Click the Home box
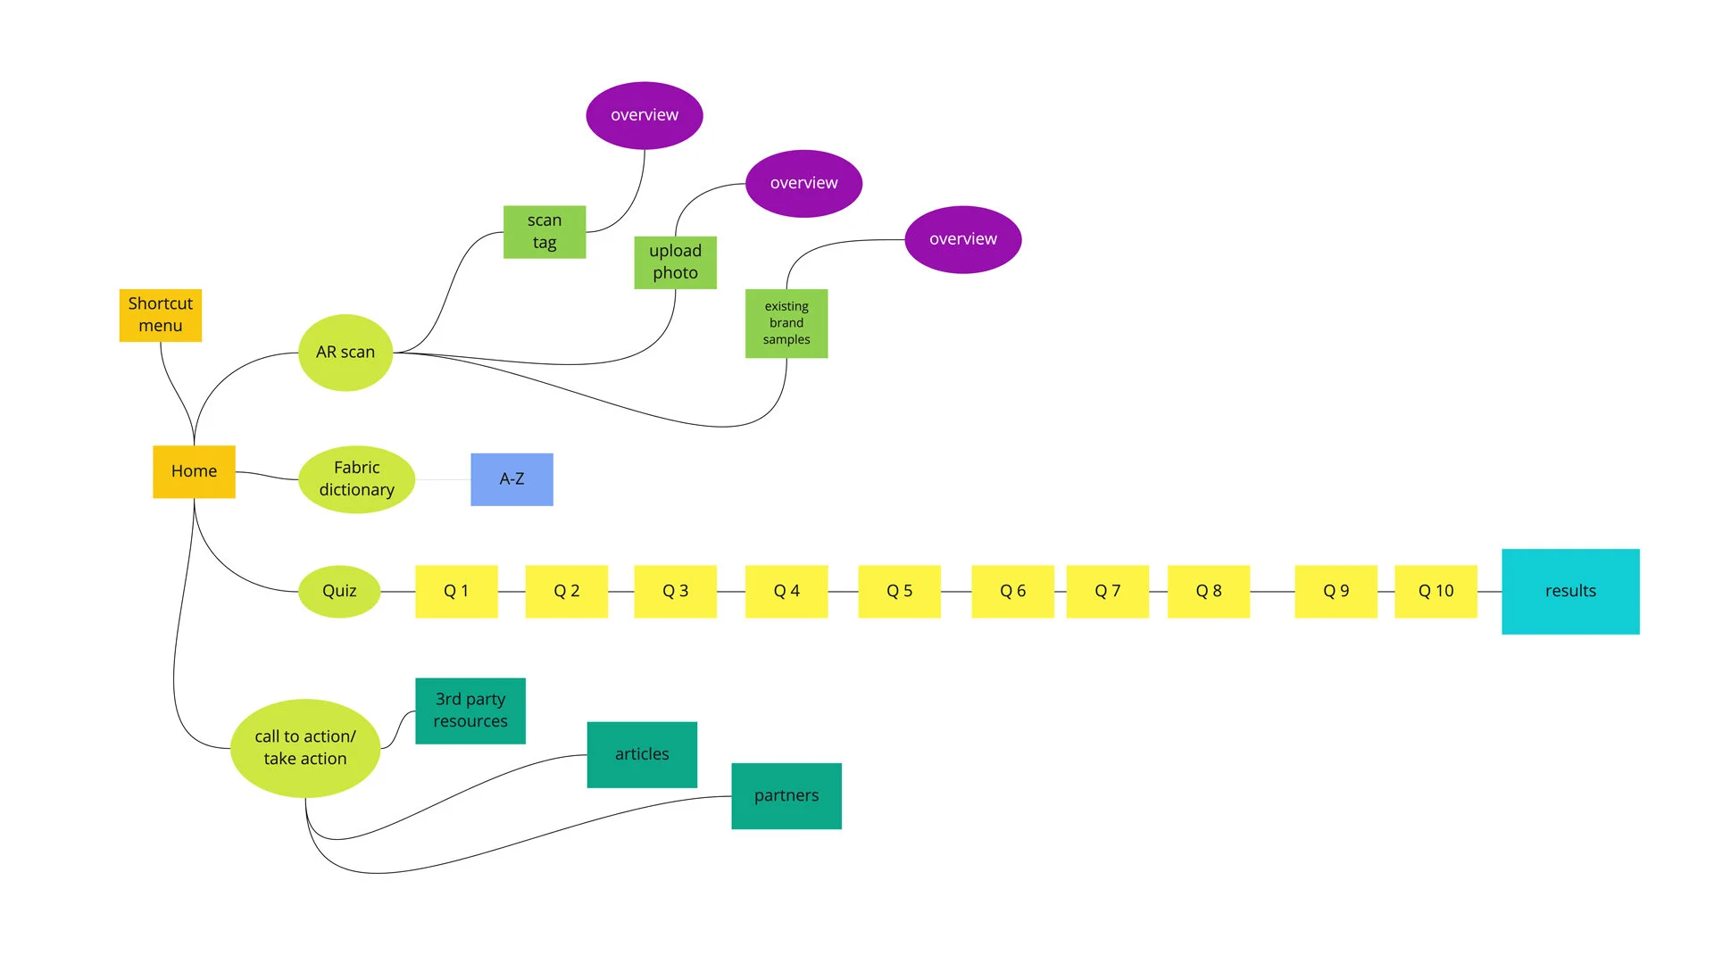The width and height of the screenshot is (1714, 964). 194,471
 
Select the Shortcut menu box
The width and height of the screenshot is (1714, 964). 161,315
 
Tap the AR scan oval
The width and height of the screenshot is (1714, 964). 345,353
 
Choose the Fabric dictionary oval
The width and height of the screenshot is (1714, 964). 356,479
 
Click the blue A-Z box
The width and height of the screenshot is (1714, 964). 512,479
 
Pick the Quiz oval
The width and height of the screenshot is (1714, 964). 339,591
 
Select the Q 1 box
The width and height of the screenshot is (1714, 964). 456,591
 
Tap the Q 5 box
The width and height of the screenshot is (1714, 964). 899,591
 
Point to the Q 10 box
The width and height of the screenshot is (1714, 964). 1435,591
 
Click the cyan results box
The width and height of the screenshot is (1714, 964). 1570,591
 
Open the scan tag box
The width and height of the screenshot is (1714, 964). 545,232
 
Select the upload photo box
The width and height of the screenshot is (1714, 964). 675,262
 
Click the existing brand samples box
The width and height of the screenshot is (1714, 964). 786,323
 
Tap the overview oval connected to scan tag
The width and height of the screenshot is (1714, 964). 645,115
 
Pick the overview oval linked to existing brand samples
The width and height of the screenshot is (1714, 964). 963,239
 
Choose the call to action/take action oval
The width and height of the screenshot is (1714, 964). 305,748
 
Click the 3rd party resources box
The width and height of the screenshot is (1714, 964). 470,711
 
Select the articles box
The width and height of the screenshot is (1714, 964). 642,754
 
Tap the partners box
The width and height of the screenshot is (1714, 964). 786,795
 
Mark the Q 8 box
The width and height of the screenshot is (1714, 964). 1209,591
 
